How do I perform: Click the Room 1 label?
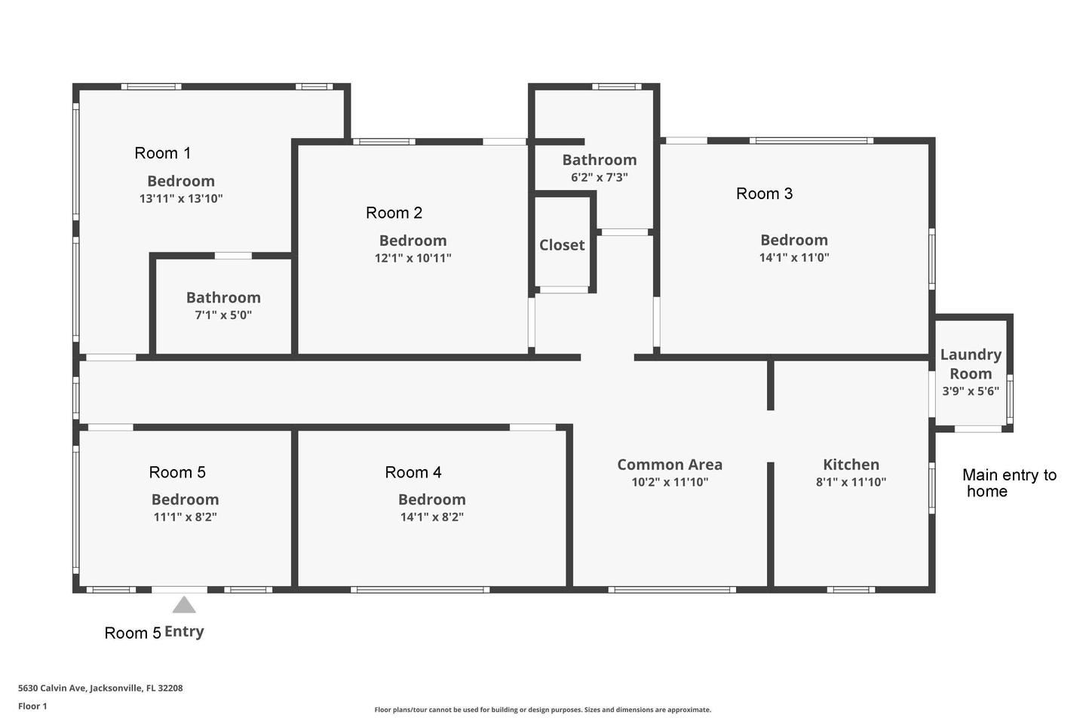[x=162, y=153]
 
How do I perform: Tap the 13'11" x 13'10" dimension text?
[x=181, y=198]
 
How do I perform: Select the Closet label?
[x=562, y=245]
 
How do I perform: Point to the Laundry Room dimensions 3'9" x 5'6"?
[x=971, y=391]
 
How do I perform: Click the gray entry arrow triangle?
[x=184, y=605]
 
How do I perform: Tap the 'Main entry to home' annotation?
[x=1009, y=483]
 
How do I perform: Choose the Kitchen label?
[x=851, y=465]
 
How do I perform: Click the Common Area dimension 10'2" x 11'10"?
[x=670, y=482]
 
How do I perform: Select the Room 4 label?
[x=413, y=472]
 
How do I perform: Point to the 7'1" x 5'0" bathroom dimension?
[x=223, y=315]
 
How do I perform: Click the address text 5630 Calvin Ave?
[x=100, y=688]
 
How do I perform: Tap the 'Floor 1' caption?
[x=32, y=706]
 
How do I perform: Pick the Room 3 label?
[x=764, y=194]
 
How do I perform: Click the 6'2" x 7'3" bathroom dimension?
[x=600, y=177]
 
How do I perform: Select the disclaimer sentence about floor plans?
[x=542, y=710]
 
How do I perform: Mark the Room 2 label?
[x=394, y=213]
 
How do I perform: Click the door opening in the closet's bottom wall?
[x=564, y=290]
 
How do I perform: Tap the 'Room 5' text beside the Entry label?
[x=133, y=633]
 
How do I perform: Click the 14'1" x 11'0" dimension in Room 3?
[x=793, y=257]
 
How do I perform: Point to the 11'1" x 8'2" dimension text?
[x=185, y=517]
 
